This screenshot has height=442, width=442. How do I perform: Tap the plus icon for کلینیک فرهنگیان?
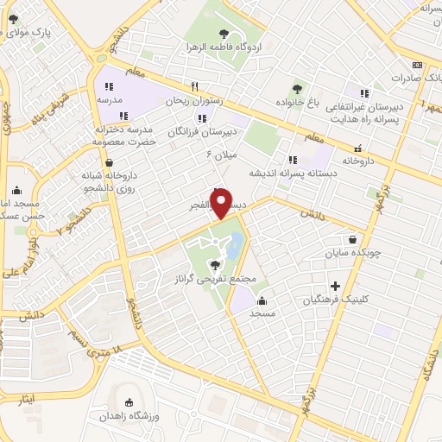[336, 286]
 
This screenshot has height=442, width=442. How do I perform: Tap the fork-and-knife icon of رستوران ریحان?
[195, 86]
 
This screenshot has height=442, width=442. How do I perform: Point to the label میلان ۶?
[220, 155]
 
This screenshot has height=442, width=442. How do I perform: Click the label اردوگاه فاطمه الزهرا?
[225, 47]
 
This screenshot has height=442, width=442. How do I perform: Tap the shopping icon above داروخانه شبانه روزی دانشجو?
[109, 161]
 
